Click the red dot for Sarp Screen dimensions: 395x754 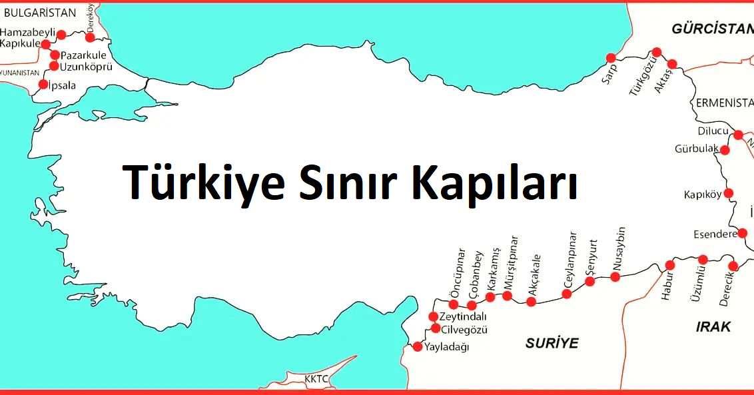tap(609, 58)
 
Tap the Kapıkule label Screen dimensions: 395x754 tap(20, 43)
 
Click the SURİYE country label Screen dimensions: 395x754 tap(552, 343)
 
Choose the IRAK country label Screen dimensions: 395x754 tap(713, 326)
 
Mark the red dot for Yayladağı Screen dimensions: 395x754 tap(418, 346)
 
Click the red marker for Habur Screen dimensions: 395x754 tap(670, 265)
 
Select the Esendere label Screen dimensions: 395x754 tap(715, 234)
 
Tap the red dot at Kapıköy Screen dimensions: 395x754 tap(729, 193)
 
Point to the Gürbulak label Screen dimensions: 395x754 tap(696, 149)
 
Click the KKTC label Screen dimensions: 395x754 tap(316, 379)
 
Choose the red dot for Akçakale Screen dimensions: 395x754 tap(531, 302)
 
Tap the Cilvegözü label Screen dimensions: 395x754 tap(465, 330)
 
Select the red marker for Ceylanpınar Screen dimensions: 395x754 tap(567, 293)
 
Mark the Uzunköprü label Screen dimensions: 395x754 tap(86, 67)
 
